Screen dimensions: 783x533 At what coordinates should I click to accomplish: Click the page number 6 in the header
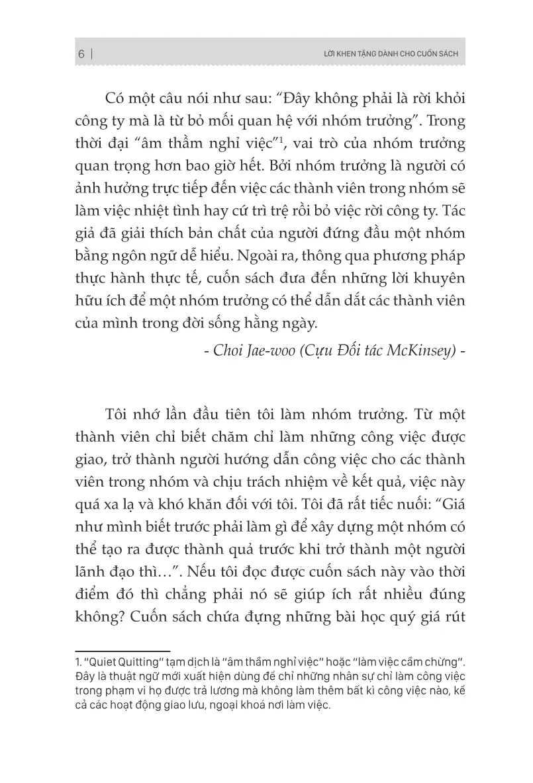(x=80, y=54)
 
